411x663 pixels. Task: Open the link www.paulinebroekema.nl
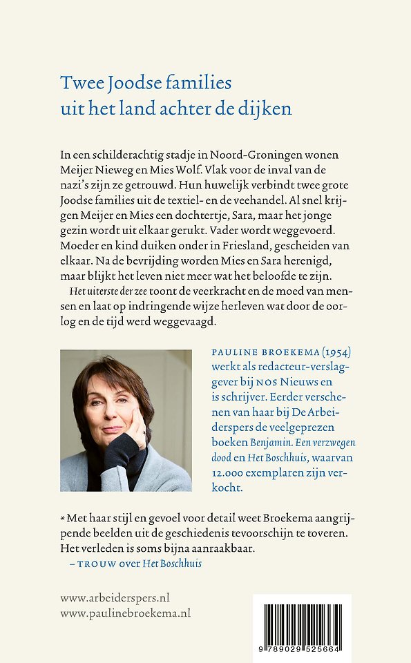point(125,613)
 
